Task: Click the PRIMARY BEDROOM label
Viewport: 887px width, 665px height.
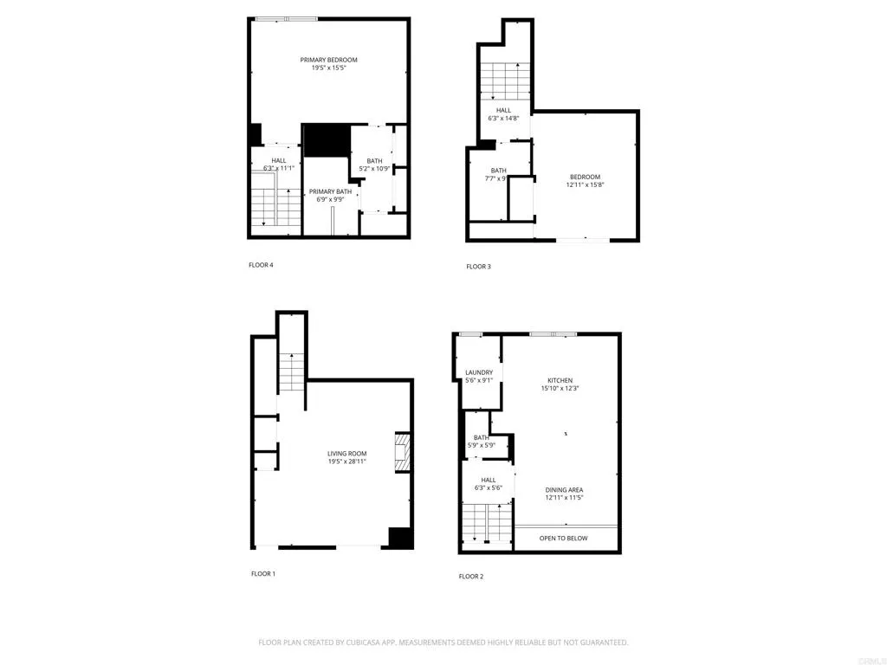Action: pyautogui.click(x=328, y=60)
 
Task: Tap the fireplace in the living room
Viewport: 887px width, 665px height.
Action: pyautogui.click(x=402, y=452)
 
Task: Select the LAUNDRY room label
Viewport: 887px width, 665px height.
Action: pyautogui.click(x=479, y=373)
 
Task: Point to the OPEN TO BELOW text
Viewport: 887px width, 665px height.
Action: pyautogui.click(x=563, y=539)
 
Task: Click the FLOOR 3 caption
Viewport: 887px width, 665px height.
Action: pyautogui.click(x=478, y=267)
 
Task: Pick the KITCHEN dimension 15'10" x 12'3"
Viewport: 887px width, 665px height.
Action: pyautogui.click(x=560, y=389)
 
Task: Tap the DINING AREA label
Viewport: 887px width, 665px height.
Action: pyautogui.click(x=564, y=490)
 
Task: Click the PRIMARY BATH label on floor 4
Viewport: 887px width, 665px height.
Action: pyautogui.click(x=330, y=191)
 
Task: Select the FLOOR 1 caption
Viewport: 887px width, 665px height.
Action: pyautogui.click(x=263, y=573)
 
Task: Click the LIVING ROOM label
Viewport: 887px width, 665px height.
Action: pyautogui.click(x=346, y=454)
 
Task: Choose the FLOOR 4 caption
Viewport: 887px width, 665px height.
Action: pyautogui.click(x=261, y=265)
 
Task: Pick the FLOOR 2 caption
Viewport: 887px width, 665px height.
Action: pyautogui.click(x=471, y=576)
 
